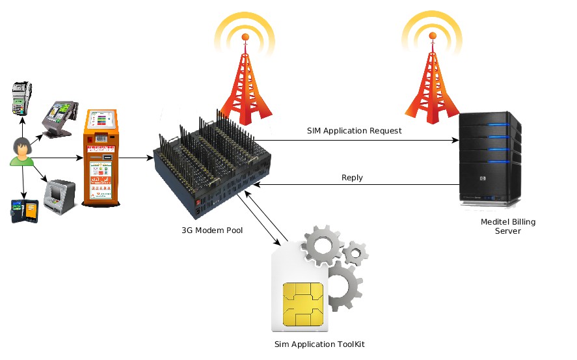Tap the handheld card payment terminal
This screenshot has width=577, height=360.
[x=22, y=98]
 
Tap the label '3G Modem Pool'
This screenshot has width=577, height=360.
[x=208, y=230]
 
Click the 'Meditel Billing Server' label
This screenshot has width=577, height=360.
[x=508, y=227]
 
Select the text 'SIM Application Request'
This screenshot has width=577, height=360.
[x=355, y=131]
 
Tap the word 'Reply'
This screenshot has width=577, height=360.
[x=352, y=178]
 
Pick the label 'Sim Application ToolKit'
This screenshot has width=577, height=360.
[x=315, y=343]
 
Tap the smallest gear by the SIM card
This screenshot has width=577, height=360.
[x=355, y=252]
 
